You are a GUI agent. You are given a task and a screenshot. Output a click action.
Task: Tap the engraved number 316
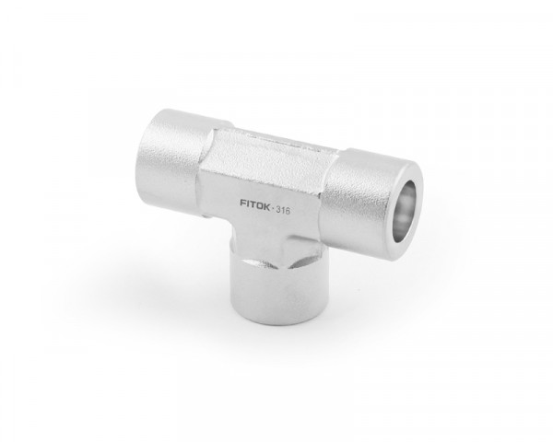pos(283,211)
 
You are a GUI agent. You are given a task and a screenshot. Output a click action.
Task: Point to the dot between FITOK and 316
pos(273,209)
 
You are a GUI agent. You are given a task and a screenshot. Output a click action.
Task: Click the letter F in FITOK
pos(243,203)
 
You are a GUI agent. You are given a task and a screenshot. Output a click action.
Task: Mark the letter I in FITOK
pos(248,203)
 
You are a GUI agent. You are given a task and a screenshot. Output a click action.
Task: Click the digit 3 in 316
pos(278,209)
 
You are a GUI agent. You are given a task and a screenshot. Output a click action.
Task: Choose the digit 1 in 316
pos(283,211)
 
